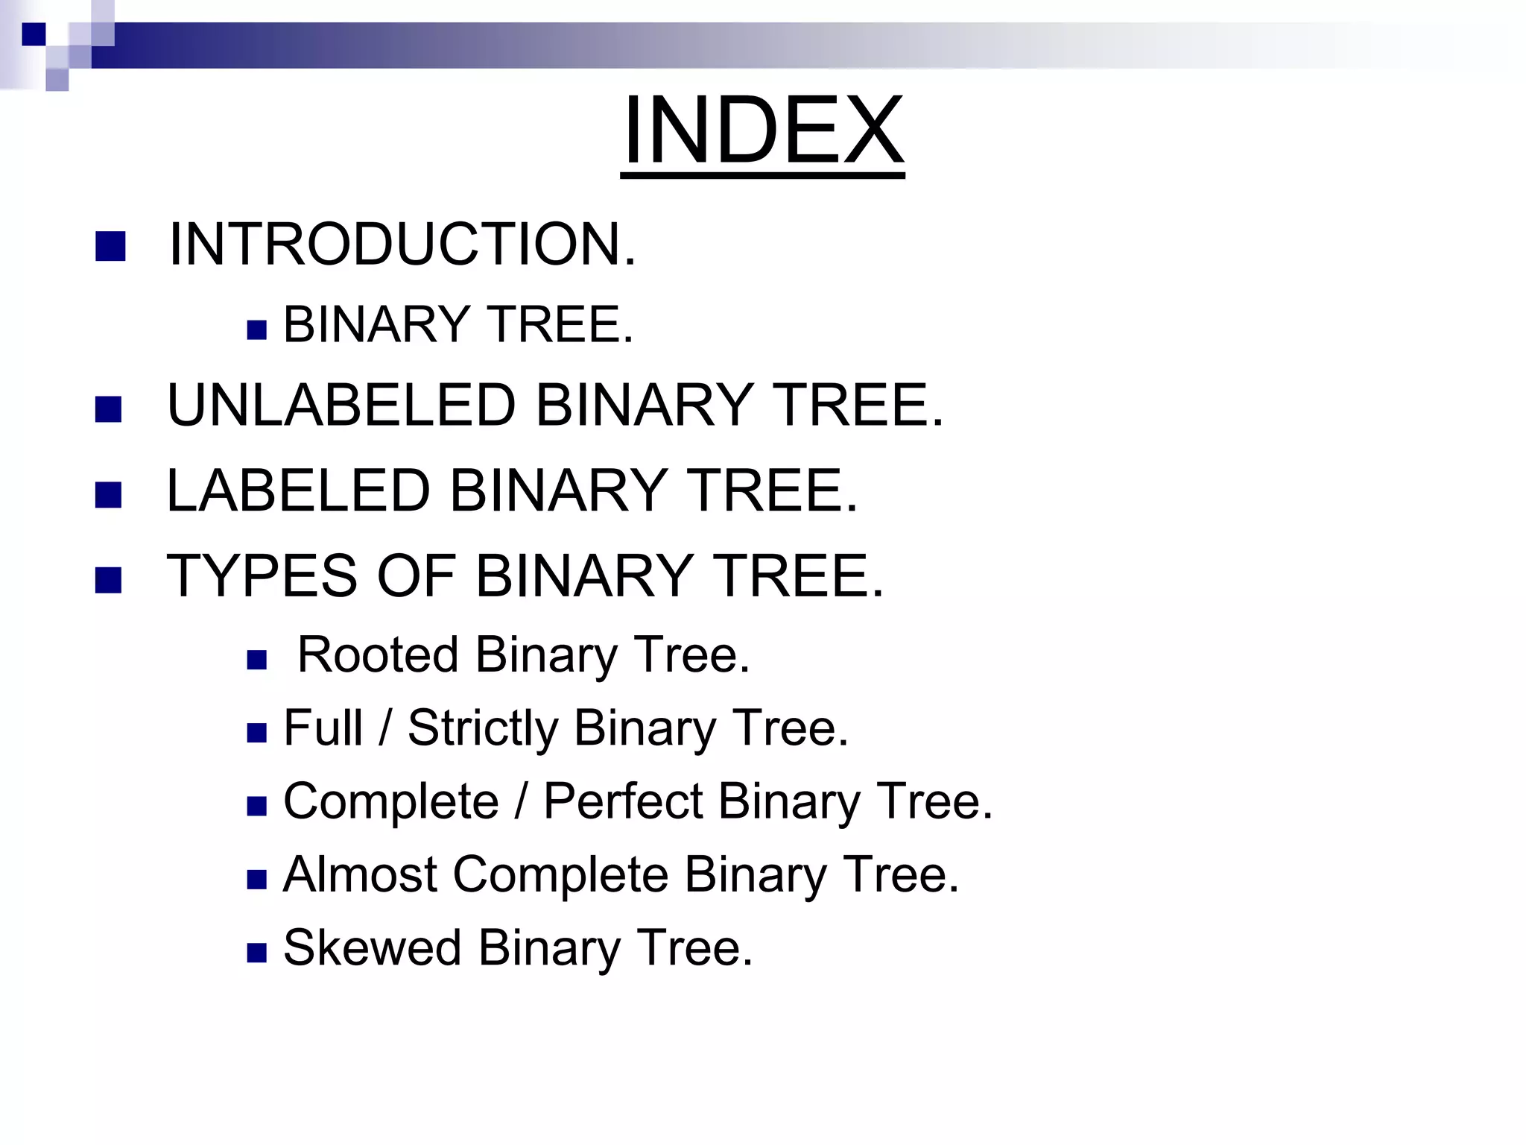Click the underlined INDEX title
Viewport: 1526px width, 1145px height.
tap(762, 131)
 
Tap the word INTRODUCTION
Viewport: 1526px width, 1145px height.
tap(402, 245)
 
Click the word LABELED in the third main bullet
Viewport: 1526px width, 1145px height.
tap(298, 491)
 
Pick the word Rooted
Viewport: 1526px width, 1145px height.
tap(377, 654)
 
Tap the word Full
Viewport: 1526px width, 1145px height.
tap(323, 728)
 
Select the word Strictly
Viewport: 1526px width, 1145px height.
tap(482, 729)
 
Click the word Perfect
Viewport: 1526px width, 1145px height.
tap(622, 801)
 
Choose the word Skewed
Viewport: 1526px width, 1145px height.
tap(372, 947)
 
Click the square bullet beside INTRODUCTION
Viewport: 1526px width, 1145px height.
tap(110, 247)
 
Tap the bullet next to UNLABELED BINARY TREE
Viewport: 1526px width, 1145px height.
tap(109, 409)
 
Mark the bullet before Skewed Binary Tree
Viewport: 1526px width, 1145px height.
tap(256, 953)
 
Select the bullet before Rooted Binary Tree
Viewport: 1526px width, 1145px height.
tap(256, 660)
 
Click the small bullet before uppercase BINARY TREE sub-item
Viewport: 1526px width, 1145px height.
tap(256, 330)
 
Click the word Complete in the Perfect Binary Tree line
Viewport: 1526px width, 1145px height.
tap(390, 802)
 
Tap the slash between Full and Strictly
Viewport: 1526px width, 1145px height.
tap(384, 728)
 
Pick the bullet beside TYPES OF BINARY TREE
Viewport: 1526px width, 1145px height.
tap(109, 580)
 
